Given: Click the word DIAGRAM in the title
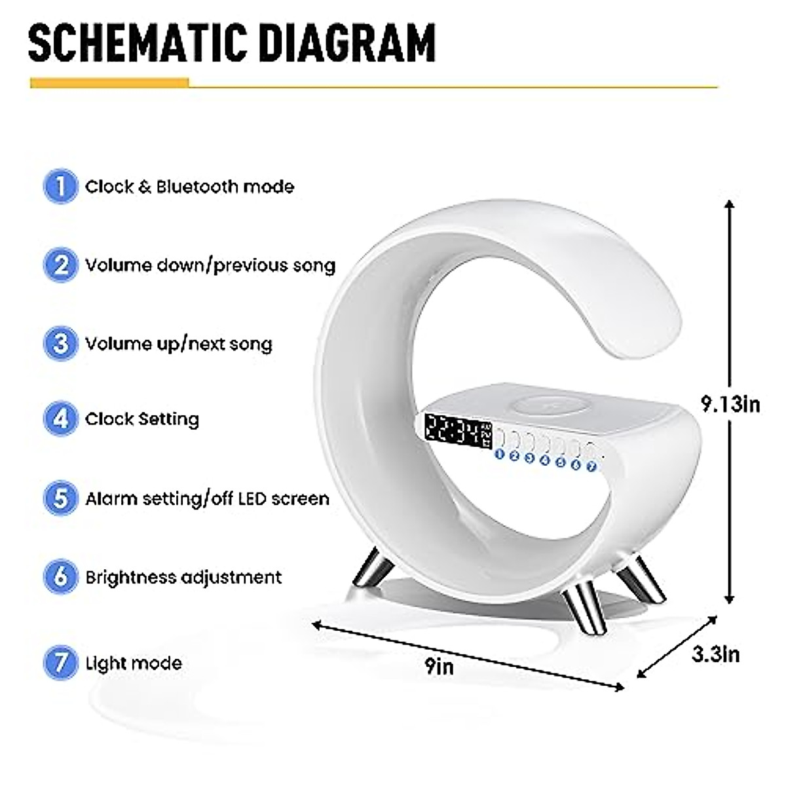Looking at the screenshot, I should pos(341,43).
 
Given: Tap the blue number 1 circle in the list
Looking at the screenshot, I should pos(60,187).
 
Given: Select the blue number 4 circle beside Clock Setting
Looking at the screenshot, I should pos(60,419).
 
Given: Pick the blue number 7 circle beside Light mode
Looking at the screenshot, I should pos(60,662).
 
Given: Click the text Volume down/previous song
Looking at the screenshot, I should pos(210,265).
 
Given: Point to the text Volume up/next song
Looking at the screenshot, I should pos(178,344).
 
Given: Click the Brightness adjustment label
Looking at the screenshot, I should pos(183,577).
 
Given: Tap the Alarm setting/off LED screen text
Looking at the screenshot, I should pos(207,498).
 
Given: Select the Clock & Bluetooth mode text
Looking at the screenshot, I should pos(189,187).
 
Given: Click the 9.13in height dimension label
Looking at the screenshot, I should pos(730,404).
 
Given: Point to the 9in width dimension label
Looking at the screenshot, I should pos(439,666).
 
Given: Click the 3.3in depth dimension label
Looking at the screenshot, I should pos(716,654).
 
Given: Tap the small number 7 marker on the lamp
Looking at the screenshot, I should pos(591,466).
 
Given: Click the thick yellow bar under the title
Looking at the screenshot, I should pos(109,83).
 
